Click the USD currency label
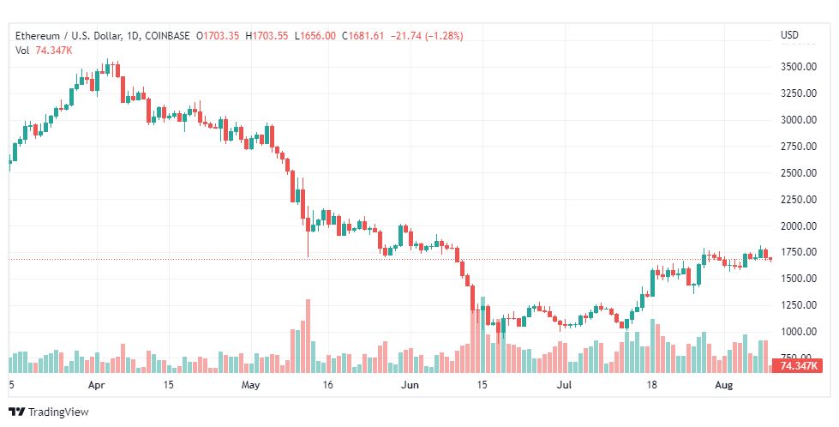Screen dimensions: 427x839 789,35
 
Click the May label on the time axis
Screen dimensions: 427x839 250,386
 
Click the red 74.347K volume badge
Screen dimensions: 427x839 797,367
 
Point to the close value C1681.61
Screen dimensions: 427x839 363,36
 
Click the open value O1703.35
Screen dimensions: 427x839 219,36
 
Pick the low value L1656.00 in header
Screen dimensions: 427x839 315,36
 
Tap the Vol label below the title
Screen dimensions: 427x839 23,51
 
